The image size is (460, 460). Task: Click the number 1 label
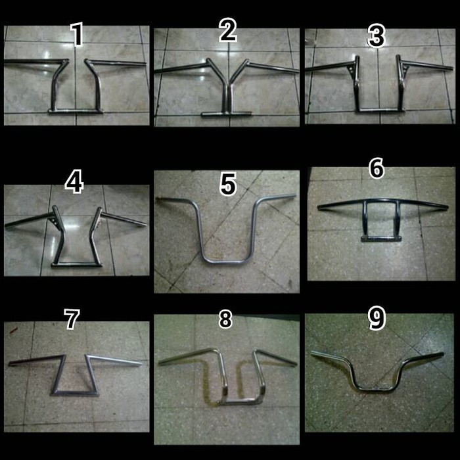coord(78,34)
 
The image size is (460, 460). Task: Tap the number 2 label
coord(228,30)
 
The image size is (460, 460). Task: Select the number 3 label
coord(377,36)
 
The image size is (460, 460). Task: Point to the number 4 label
coord(74,182)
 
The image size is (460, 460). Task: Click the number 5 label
coord(228,184)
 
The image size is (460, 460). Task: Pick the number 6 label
coord(377,168)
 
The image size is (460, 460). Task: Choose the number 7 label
coord(72,319)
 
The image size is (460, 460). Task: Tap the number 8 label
coord(225,319)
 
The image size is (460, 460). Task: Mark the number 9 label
coord(377,318)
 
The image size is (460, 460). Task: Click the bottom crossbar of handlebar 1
coord(76,111)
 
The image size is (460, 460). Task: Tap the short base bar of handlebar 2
coord(226,114)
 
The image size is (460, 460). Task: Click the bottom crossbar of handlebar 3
coord(380,110)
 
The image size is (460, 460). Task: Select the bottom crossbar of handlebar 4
coord(77,264)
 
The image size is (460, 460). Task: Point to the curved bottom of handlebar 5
coord(226,261)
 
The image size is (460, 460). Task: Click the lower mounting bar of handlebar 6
coord(381,239)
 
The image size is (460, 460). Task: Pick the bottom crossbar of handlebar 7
coord(75,393)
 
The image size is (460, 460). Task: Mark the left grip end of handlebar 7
coord(11,363)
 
